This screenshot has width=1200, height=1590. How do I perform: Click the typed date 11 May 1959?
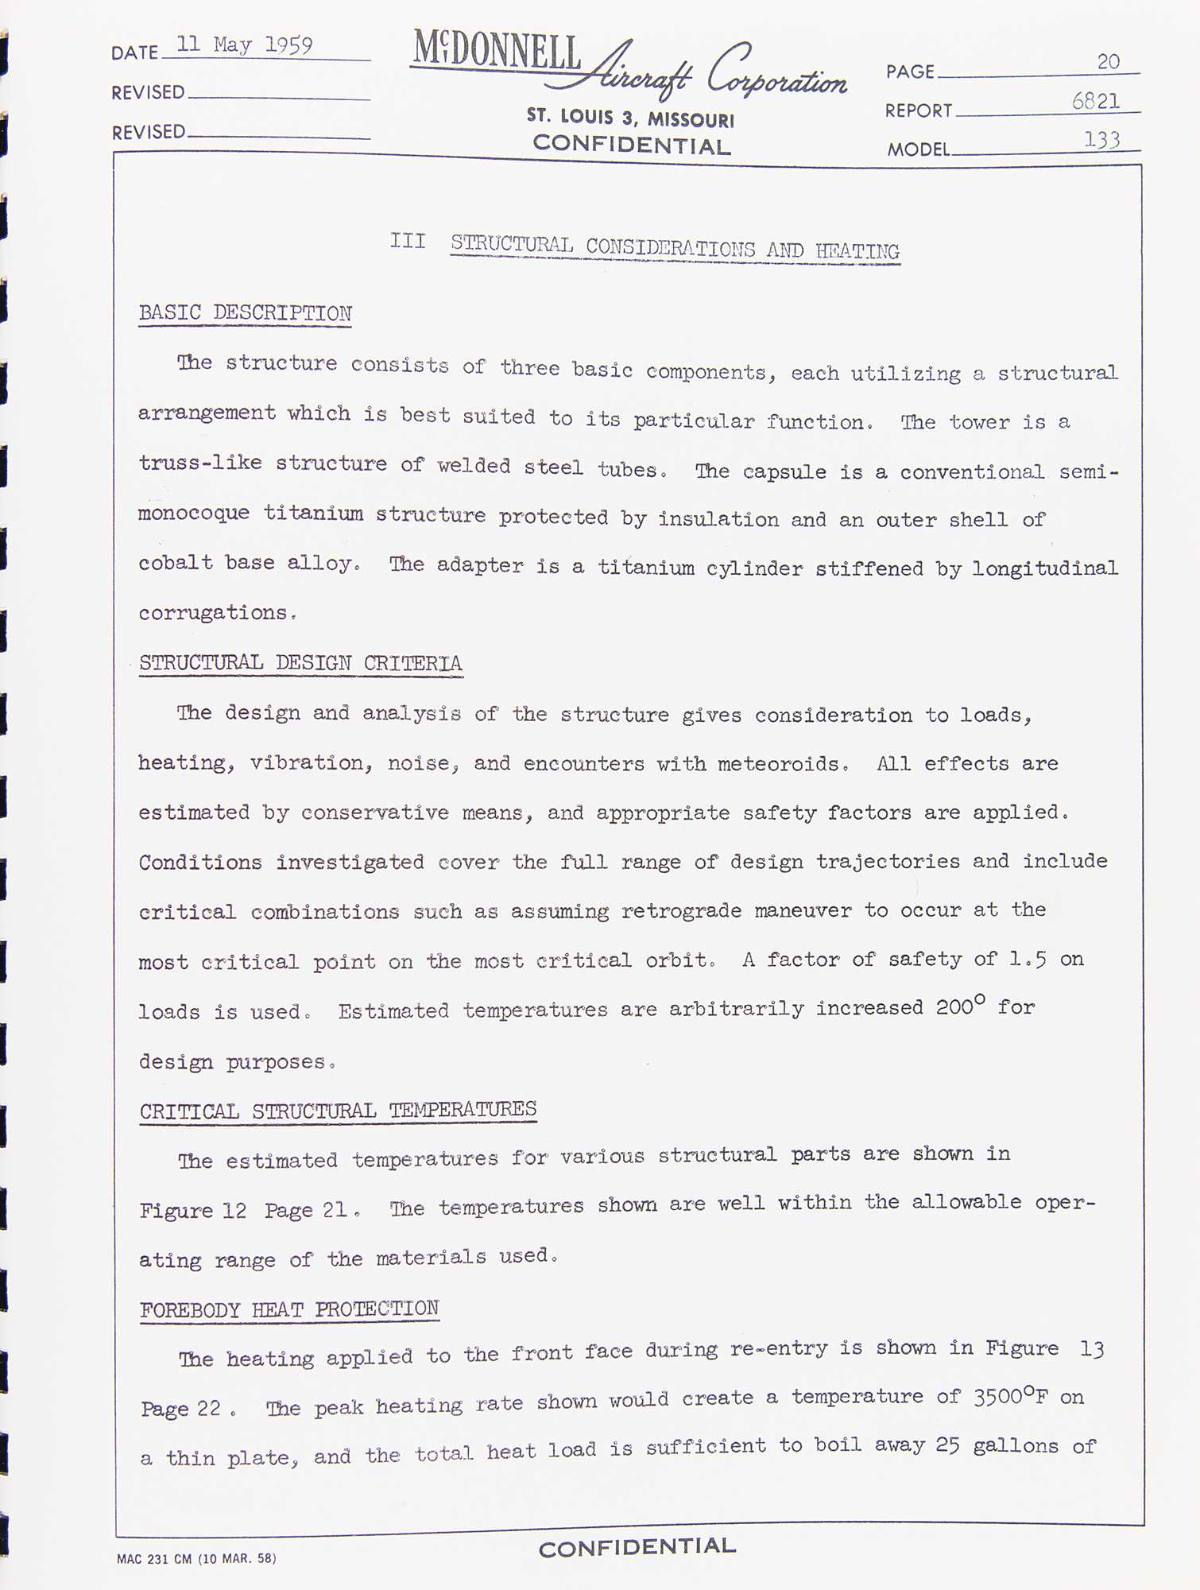pyautogui.click(x=244, y=45)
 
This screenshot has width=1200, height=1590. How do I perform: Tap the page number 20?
pyautogui.click(x=1109, y=61)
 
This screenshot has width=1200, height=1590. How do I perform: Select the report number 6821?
pyautogui.click(x=1096, y=101)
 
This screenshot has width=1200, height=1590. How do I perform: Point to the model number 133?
pyautogui.click(x=1102, y=140)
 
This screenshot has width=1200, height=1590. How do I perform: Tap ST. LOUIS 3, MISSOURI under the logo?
pyautogui.click(x=630, y=118)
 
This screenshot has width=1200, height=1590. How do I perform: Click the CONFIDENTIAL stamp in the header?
pyautogui.click(x=631, y=145)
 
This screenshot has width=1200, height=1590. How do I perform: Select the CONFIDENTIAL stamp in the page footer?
pyautogui.click(x=637, y=1546)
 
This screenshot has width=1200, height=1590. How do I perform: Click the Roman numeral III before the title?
pyautogui.click(x=408, y=241)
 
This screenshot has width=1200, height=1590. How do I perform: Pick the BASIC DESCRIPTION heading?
pyautogui.click(x=245, y=313)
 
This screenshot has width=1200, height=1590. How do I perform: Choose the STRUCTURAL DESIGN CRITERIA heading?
pyautogui.click(x=300, y=663)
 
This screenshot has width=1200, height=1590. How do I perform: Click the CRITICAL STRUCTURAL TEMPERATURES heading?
pyautogui.click(x=338, y=1110)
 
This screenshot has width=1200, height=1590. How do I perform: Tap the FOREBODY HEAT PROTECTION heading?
pyautogui.click(x=289, y=1309)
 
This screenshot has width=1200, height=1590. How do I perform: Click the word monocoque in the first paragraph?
pyautogui.click(x=194, y=513)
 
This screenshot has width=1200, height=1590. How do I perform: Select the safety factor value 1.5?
pyautogui.click(x=1027, y=959)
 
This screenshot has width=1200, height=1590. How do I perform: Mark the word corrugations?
pyautogui.click(x=213, y=613)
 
